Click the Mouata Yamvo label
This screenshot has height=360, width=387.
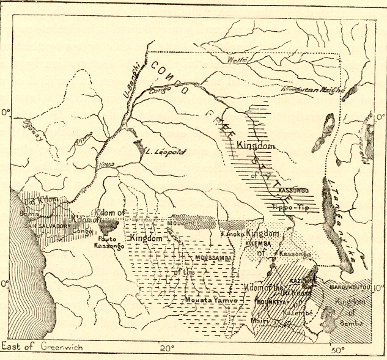[206, 301]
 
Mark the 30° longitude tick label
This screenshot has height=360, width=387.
[336, 350]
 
